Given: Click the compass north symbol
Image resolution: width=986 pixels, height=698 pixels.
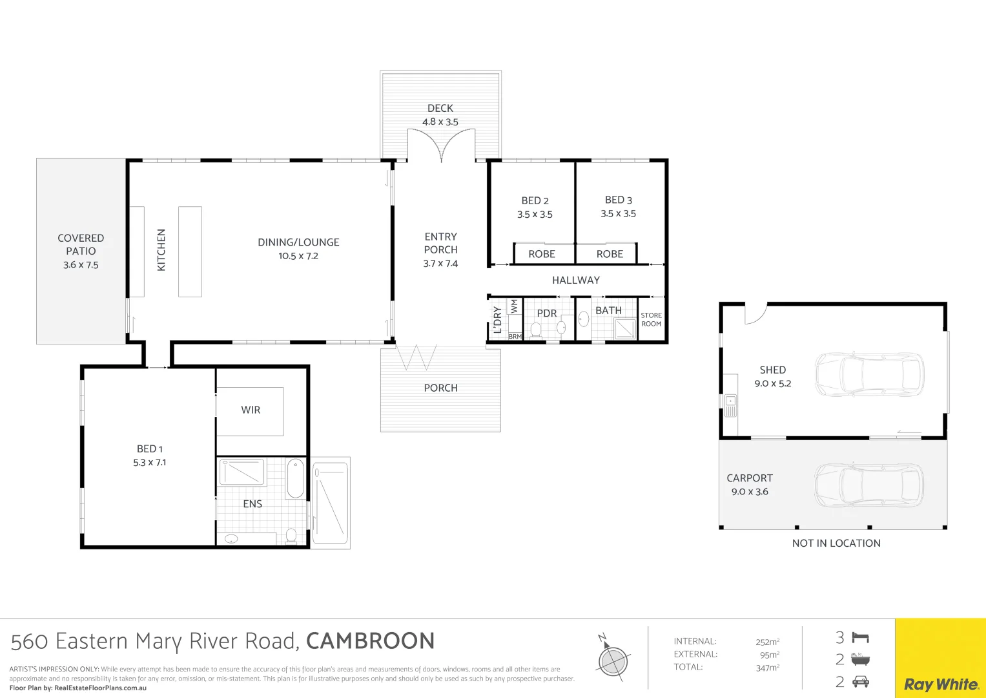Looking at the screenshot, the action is click(612, 659).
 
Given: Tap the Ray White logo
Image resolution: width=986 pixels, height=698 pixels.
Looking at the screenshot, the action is click(941, 684).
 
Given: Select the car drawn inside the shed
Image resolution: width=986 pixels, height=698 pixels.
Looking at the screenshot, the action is click(869, 375).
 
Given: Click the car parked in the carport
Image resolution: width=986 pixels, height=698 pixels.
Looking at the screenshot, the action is click(869, 485).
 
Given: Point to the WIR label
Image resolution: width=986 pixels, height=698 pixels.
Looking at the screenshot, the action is click(251, 410).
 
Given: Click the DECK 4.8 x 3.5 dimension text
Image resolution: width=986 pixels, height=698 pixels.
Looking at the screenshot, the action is click(440, 122).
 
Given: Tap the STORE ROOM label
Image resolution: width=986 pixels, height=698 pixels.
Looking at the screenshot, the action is click(651, 319).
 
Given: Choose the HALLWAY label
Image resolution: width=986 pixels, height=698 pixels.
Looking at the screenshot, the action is click(576, 280).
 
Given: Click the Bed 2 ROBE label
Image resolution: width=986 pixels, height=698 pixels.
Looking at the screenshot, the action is click(541, 254).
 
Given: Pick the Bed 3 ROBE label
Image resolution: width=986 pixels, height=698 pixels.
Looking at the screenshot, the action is click(610, 254).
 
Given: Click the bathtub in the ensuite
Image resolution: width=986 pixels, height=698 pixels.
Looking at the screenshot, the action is click(295, 478).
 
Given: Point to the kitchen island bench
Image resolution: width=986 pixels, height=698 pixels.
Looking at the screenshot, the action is click(190, 251).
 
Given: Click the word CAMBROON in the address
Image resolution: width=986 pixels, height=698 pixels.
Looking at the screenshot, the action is click(370, 641).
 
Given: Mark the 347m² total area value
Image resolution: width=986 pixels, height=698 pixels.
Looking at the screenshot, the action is click(768, 668).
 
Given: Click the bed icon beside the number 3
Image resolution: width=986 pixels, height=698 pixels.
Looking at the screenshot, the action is click(861, 638).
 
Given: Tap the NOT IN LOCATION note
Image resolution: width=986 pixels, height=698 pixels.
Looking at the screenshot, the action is click(836, 544).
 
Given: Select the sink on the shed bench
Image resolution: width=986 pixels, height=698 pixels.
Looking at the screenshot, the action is click(730, 401).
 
